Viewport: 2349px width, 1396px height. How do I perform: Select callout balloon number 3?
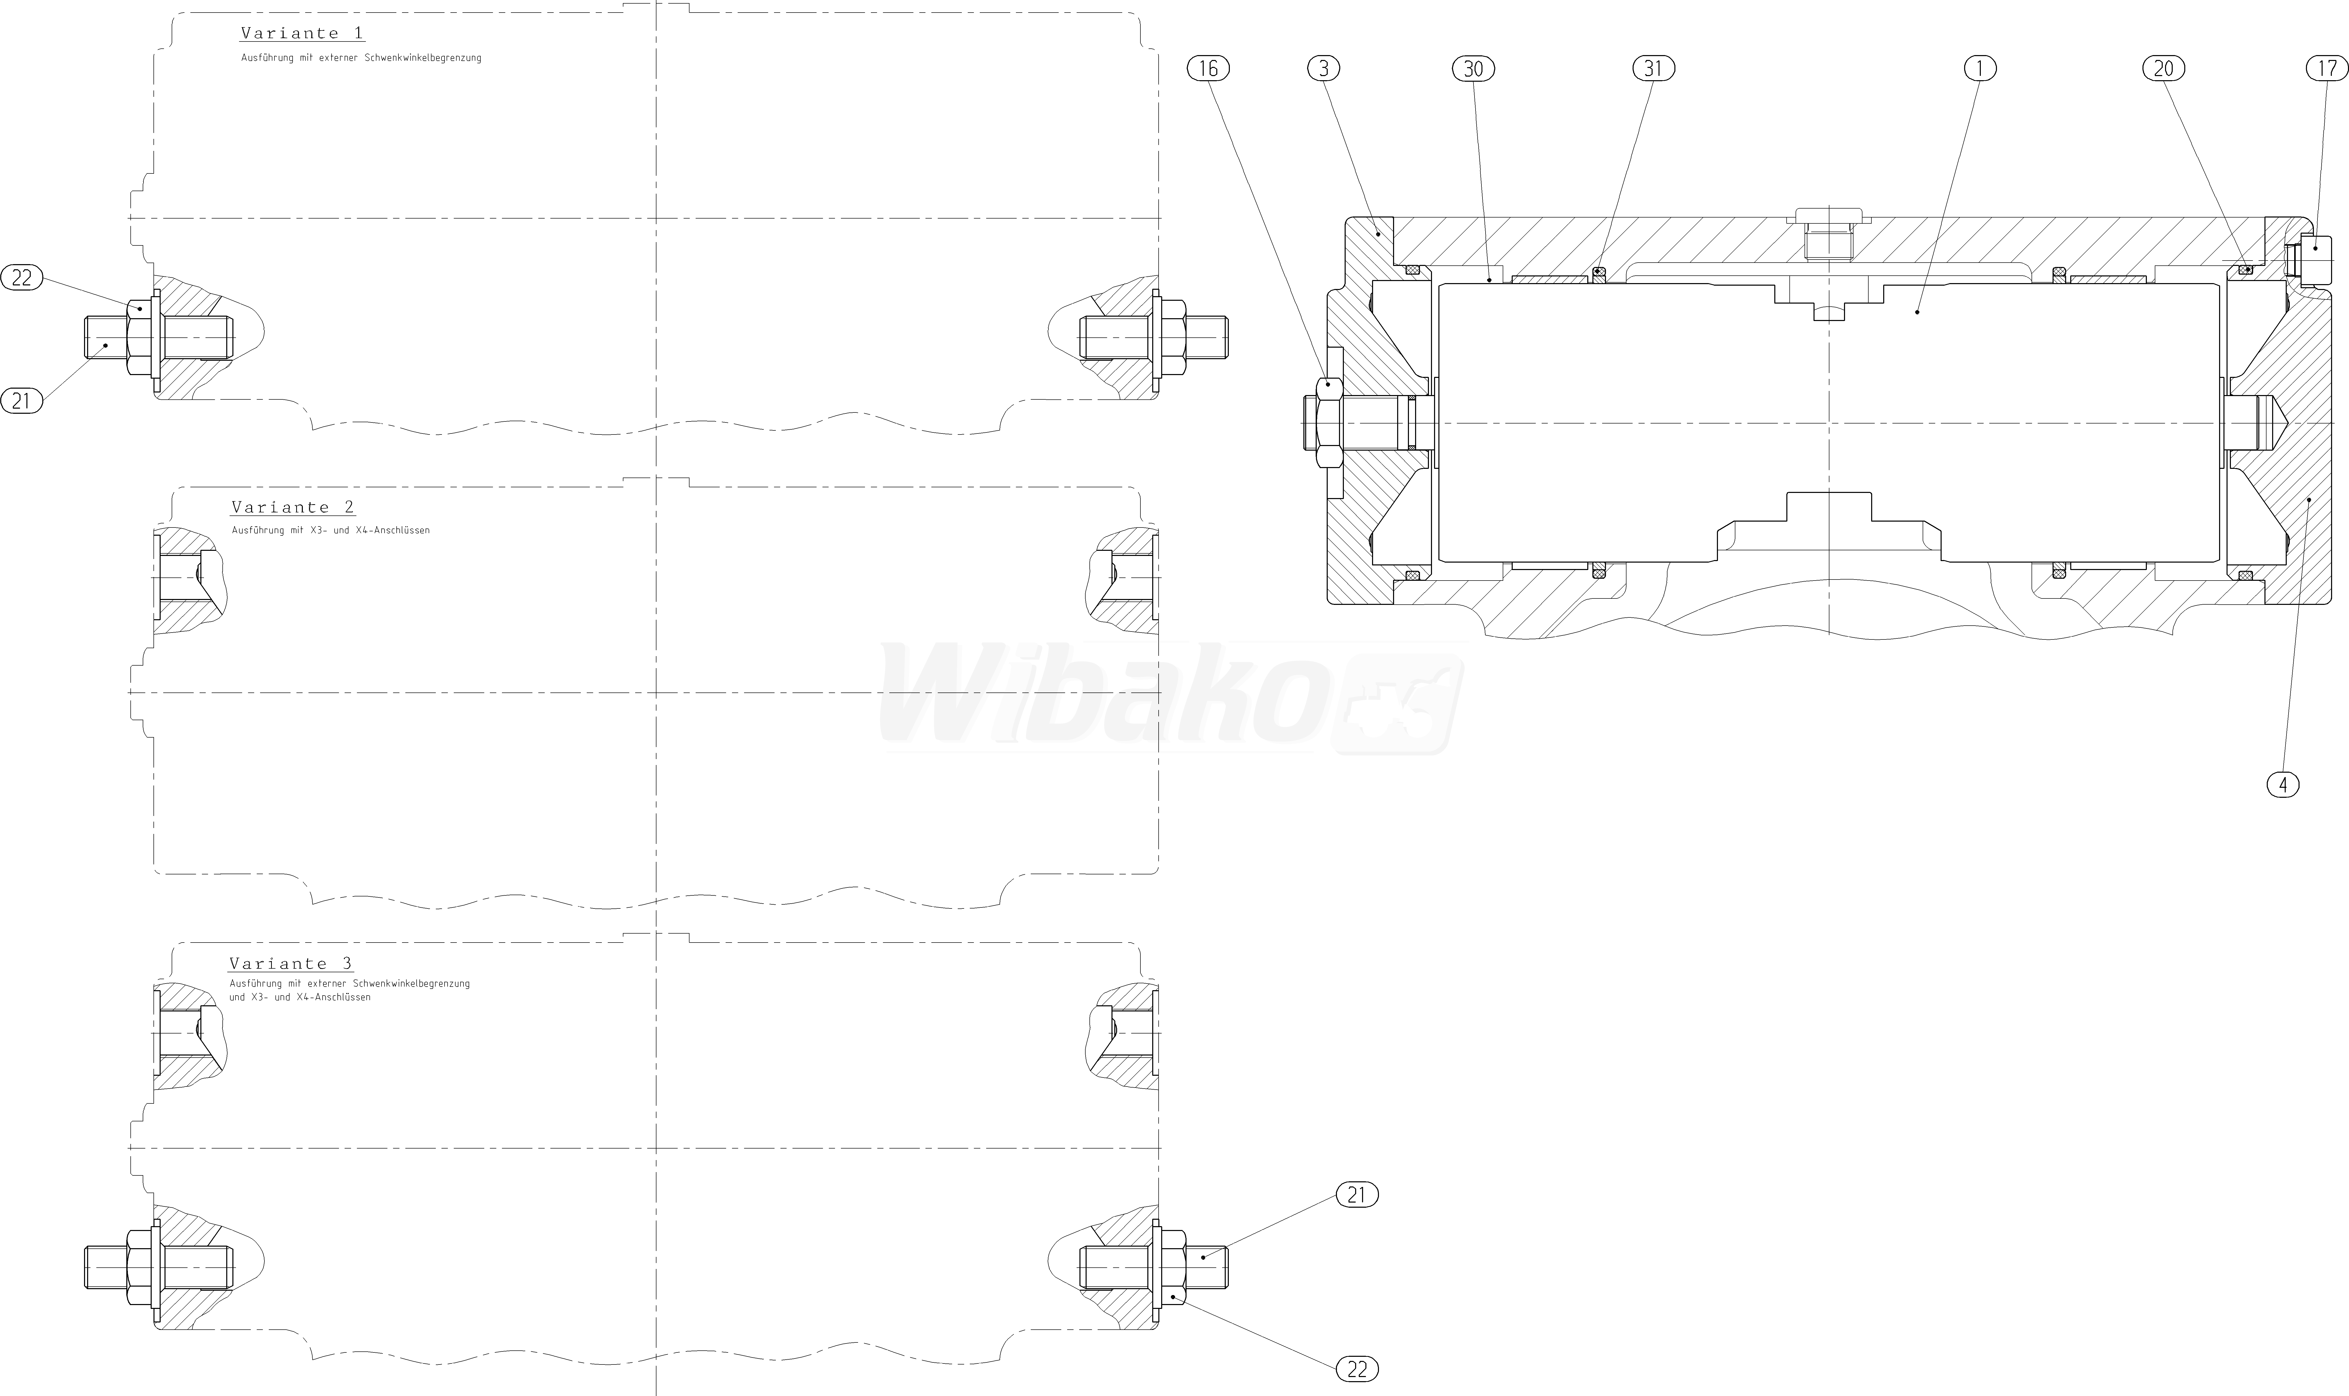click(x=1324, y=68)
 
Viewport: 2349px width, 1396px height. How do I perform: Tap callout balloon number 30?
click(x=1473, y=68)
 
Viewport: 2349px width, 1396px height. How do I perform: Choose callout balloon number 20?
click(x=2164, y=68)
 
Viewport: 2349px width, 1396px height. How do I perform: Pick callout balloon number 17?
click(x=2326, y=68)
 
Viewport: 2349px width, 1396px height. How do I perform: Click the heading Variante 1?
click(x=302, y=33)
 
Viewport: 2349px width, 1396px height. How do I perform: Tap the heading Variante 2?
click(x=293, y=507)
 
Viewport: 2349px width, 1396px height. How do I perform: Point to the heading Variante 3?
click(x=291, y=963)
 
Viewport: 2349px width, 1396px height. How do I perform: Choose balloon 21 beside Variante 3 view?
click(x=1356, y=1195)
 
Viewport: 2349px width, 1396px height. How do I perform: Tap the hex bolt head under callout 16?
click(x=1322, y=423)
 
